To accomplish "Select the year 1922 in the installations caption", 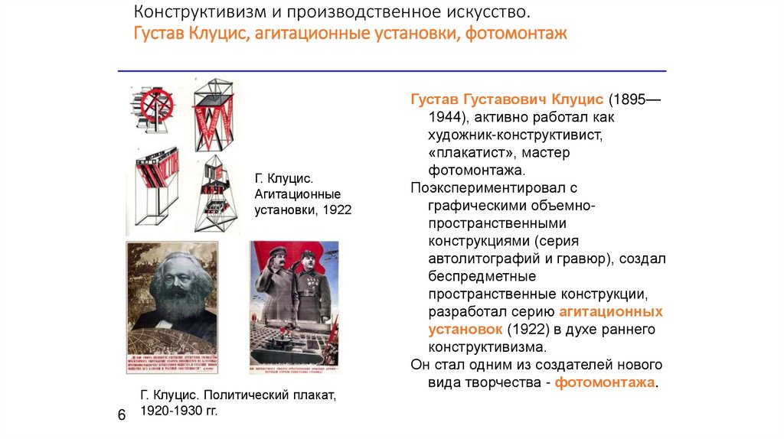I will click(x=336, y=209).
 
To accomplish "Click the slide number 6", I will click(x=121, y=415).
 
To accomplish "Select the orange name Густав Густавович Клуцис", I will click(x=508, y=100).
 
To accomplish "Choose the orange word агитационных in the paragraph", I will click(x=611, y=311).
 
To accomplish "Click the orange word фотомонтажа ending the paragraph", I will click(x=605, y=382).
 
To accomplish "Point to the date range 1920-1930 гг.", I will click(x=180, y=411).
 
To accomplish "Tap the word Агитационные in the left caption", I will click(x=298, y=194).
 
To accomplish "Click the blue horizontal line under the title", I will click(x=391, y=71).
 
